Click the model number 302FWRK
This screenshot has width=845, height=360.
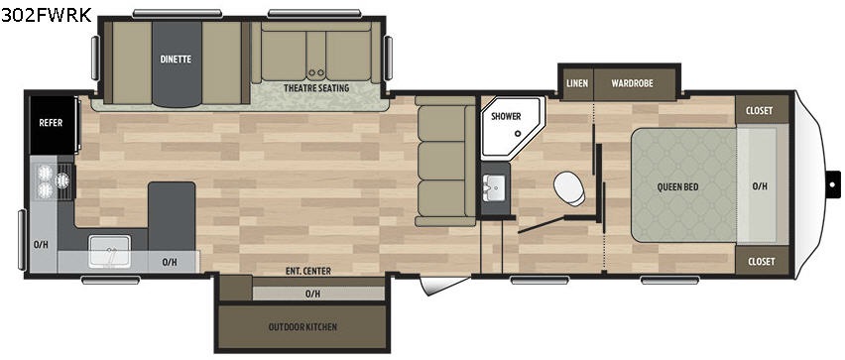tap(47, 15)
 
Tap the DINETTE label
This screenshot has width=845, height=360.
tap(176, 60)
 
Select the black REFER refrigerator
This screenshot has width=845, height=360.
tap(53, 125)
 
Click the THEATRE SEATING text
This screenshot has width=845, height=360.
tap(316, 88)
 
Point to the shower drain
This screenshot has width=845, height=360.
tap(518, 134)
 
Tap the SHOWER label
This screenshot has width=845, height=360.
tap(506, 116)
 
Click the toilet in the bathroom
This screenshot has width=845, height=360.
tap(570, 188)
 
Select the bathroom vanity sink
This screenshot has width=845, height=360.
tap(494, 188)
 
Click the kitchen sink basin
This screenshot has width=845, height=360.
tap(110, 251)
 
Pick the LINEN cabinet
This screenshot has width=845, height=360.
tap(577, 83)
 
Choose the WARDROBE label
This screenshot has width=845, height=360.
tap(632, 83)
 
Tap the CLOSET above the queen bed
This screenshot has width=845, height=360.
tap(760, 110)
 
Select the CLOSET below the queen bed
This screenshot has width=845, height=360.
tap(762, 261)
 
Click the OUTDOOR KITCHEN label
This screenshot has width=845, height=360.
tap(302, 327)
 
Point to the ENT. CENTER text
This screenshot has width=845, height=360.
tap(308, 271)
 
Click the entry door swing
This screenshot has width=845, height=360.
tap(443, 285)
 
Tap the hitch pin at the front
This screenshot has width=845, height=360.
tap(833, 184)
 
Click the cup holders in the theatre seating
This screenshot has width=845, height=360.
tap(315, 72)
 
